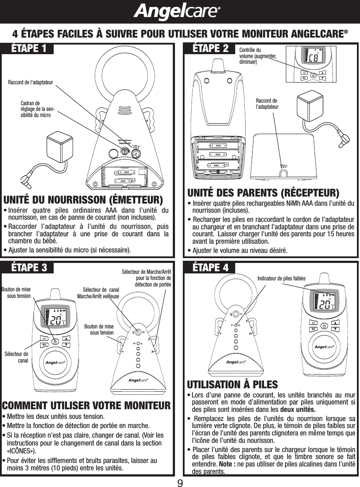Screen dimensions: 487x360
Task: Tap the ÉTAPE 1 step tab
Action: pyautogui.click(x=29, y=48)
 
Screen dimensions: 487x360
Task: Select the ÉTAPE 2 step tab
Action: pyautogui.click(x=210, y=48)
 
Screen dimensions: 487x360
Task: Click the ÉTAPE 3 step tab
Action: pyautogui.click(x=29, y=268)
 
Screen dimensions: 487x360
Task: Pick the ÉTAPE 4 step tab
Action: pyautogui.click(x=210, y=268)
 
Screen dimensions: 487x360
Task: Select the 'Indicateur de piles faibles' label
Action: pyautogui.click(x=281, y=278)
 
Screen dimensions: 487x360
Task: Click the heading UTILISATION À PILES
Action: pyautogui.click(x=232, y=384)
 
